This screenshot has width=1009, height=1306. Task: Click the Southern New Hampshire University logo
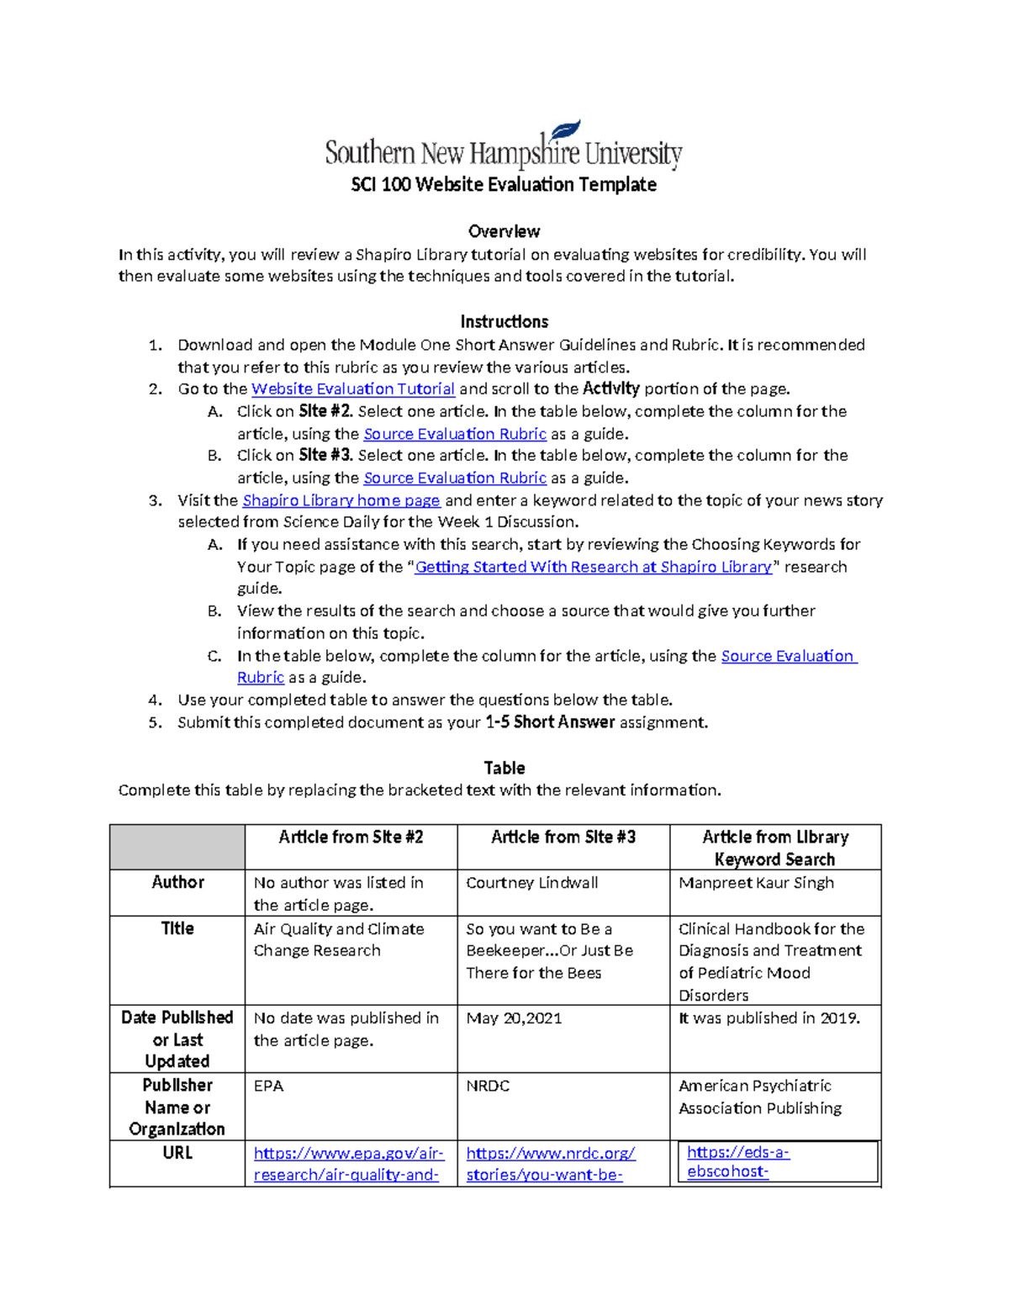click(x=503, y=146)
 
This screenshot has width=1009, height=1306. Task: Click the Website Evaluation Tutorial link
click(x=353, y=389)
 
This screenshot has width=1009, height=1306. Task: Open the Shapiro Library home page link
click(x=341, y=500)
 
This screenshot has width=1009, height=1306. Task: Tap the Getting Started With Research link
click(x=593, y=567)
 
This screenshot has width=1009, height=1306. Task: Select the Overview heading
click(x=504, y=231)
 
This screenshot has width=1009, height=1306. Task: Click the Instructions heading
click(x=504, y=321)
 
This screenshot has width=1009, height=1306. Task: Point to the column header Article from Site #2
click(x=351, y=838)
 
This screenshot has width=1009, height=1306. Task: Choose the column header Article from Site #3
click(x=563, y=838)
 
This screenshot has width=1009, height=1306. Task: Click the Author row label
click(x=177, y=882)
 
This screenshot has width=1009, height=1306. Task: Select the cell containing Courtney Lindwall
click(x=532, y=883)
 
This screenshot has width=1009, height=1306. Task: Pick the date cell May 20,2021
click(x=514, y=1018)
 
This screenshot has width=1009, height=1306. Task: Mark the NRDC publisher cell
click(x=488, y=1086)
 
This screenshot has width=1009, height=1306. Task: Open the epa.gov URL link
click(x=348, y=1164)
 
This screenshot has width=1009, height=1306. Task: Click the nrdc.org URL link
click(x=550, y=1164)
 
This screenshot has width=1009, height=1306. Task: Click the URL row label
click(x=177, y=1153)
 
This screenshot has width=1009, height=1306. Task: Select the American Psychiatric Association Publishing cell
click(x=759, y=1097)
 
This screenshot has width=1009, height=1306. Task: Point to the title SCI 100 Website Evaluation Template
click(x=504, y=184)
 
